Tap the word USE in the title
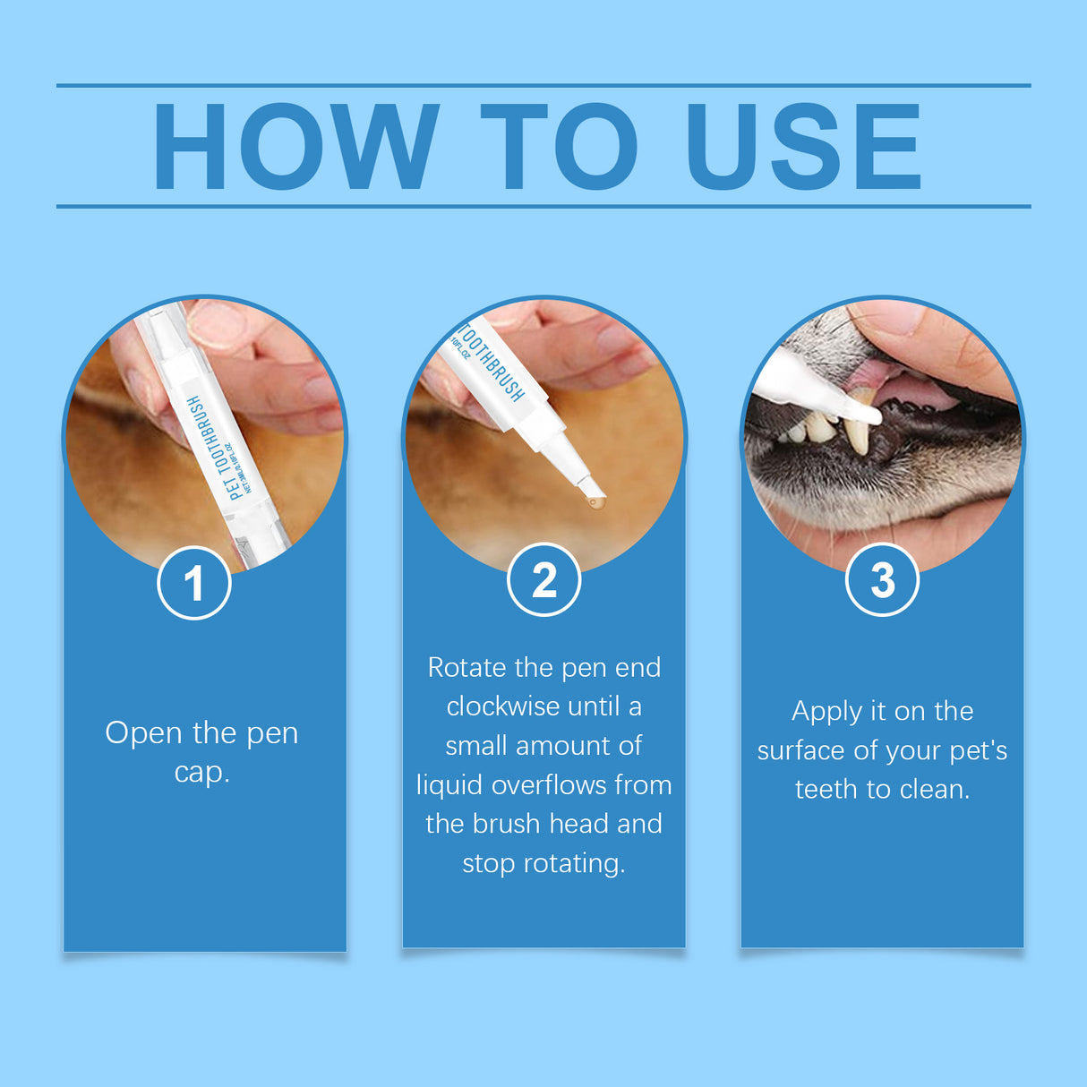coord(803,146)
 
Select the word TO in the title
coord(559,146)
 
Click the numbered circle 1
coord(194,583)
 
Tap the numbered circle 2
coord(543,580)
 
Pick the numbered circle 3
coord(882,580)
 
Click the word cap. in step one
coord(201,772)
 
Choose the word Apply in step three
coord(826,712)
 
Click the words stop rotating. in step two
coord(543,863)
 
